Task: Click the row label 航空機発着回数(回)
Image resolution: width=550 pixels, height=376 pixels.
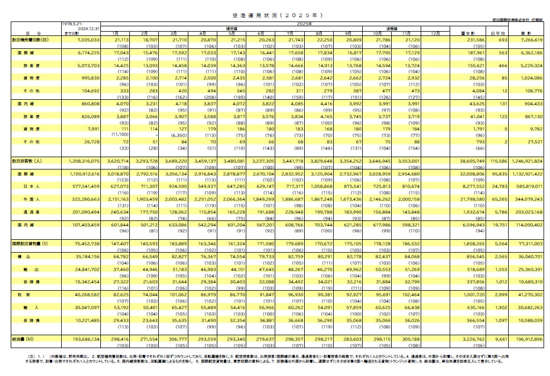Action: point(30,40)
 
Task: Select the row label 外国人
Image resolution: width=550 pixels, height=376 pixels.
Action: point(30,200)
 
